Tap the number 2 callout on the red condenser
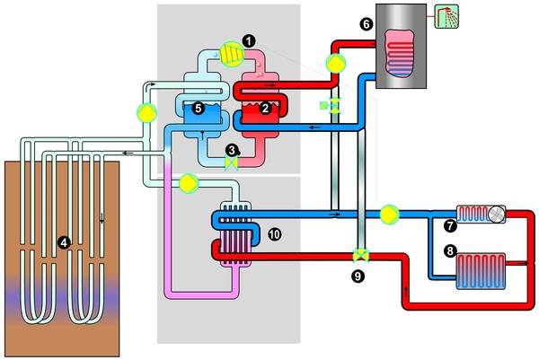pyautogui.click(x=262, y=109)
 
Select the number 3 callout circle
pyautogui.click(x=232, y=151)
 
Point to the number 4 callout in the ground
pyautogui.click(x=63, y=241)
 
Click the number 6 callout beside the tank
pyautogui.click(x=366, y=25)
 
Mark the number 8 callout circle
pyautogui.click(x=450, y=252)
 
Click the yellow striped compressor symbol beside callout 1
pyautogui.click(x=232, y=54)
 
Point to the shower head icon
pyautogui.click(x=445, y=16)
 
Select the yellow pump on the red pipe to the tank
pyautogui.click(x=335, y=63)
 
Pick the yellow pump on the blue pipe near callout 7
pyautogui.click(x=389, y=215)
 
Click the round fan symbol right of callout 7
pyautogui.click(x=496, y=215)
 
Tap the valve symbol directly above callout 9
pyautogui.click(x=361, y=255)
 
